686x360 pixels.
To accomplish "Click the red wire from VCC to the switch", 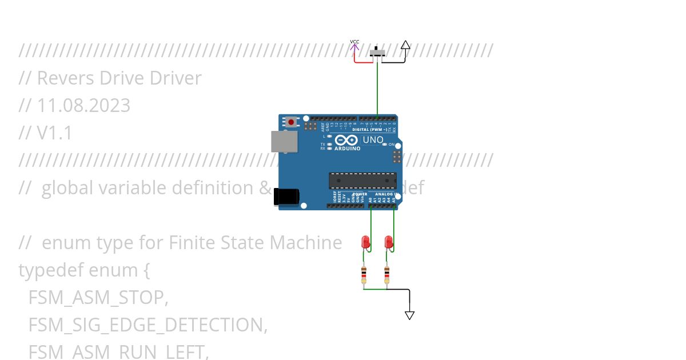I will tap(363, 62).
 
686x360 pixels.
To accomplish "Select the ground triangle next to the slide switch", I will tap(405, 45).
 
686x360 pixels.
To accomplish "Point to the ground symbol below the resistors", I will tap(409, 315).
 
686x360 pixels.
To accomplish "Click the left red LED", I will tap(366, 242).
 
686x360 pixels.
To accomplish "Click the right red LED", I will tap(389, 242).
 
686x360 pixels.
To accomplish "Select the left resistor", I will tap(364, 275).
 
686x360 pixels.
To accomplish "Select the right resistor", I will tap(387, 275).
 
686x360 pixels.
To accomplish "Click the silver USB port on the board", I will tap(284, 141).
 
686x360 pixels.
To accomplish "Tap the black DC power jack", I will tap(286, 196).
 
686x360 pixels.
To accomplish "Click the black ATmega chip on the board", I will tap(362, 181).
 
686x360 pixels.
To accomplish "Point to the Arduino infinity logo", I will tap(348, 140).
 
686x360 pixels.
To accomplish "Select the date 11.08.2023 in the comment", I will tap(83, 106).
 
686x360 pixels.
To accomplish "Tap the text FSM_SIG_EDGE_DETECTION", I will tap(147, 325).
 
